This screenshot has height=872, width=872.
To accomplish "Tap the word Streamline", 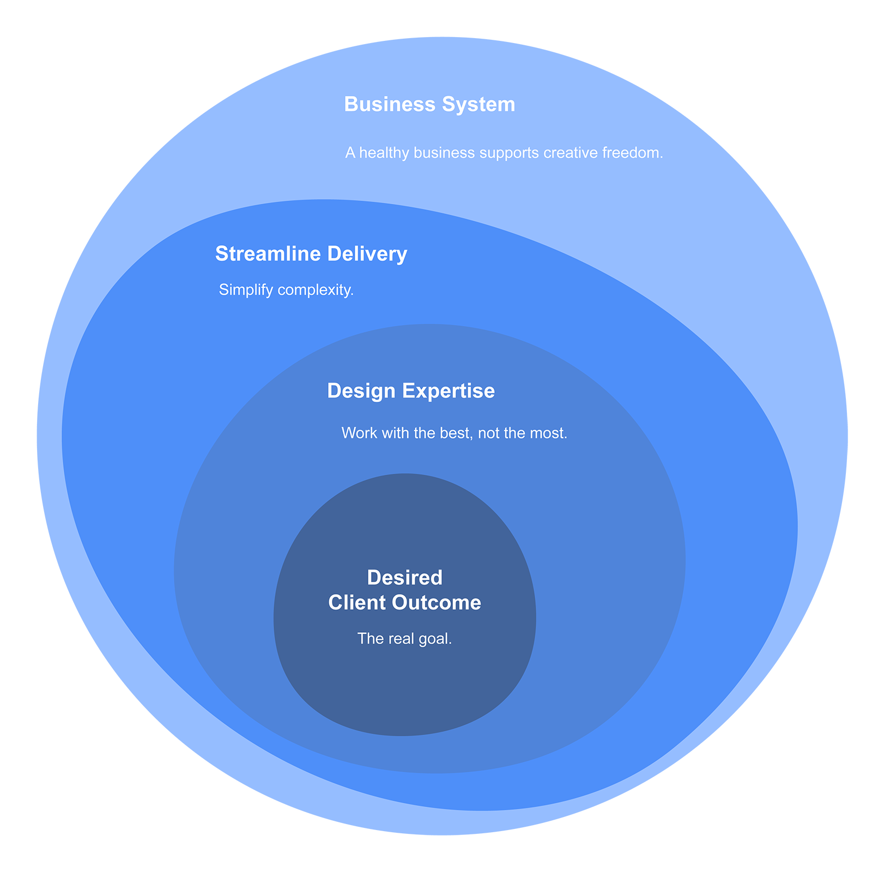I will tap(268, 254).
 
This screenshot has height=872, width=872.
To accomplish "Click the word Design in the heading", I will tap(361, 391).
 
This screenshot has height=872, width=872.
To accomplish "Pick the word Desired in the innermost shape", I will tap(404, 578).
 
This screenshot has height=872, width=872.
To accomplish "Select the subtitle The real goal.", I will tap(404, 639).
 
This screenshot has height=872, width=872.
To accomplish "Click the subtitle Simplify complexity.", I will tap(286, 290).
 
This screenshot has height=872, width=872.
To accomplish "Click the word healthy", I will tap(384, 153).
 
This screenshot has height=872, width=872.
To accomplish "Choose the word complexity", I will tap(316, 290).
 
